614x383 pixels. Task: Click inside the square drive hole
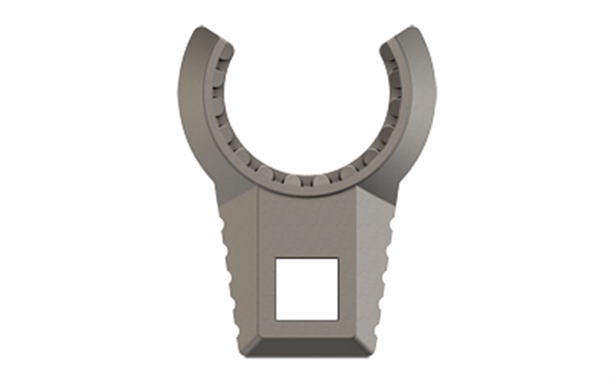pyautogui.click(x=307, y=289)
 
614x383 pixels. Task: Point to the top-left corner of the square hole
pyautogui.click(x=275, y=258)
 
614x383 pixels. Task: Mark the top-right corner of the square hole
pyautogui.click(x=339, y=258)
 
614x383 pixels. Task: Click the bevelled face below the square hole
pyautogui.click(x=307, y=339)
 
